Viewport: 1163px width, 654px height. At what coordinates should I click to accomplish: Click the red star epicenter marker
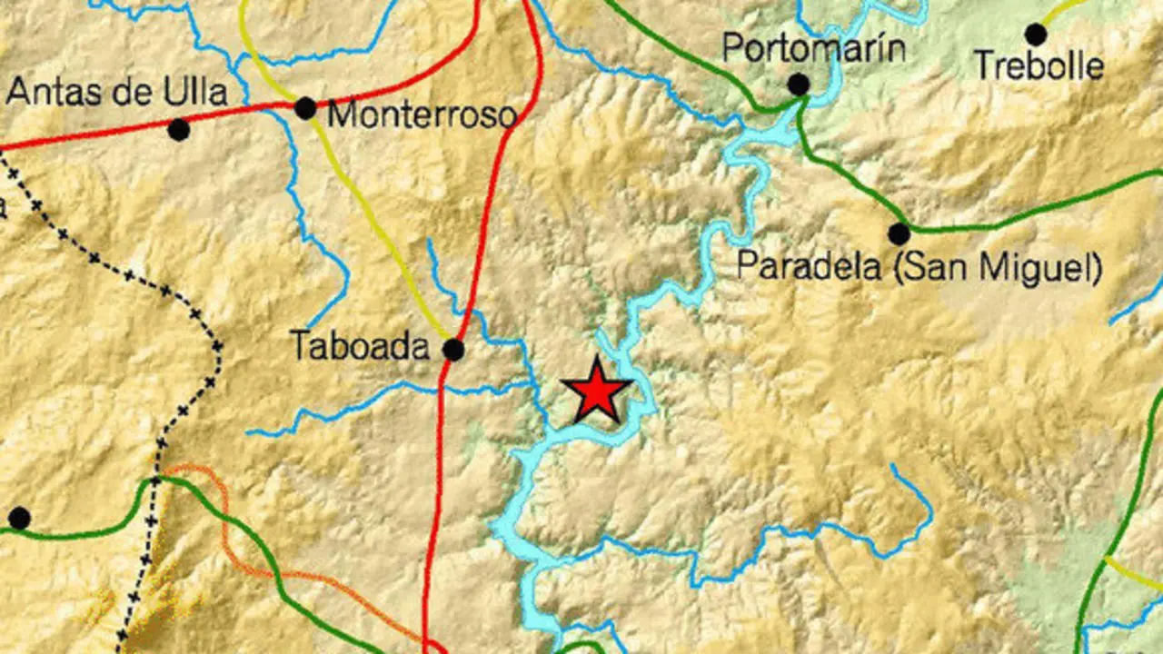point(597,391)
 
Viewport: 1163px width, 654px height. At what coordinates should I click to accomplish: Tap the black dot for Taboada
point(453,350)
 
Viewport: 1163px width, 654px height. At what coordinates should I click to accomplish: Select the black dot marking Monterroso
point(305,109)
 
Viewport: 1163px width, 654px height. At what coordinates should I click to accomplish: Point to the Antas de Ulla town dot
point(179,130)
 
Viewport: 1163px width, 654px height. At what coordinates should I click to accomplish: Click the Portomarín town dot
point(799,85)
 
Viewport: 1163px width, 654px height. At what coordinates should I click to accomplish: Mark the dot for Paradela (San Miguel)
point(899,234)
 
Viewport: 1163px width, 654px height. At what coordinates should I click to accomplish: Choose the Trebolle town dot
point(1035,35)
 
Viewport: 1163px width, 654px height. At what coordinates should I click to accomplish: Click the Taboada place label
point(359,345)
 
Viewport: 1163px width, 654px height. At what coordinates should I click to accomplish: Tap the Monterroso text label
point(422,115)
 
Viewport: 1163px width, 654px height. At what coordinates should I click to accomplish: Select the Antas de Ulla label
point(117,93)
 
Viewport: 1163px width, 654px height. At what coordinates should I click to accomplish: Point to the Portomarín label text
point(814,48)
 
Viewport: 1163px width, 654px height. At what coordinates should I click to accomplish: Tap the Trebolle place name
point(1039,66)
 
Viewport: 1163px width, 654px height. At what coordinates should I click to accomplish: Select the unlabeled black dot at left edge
point(19,519)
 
